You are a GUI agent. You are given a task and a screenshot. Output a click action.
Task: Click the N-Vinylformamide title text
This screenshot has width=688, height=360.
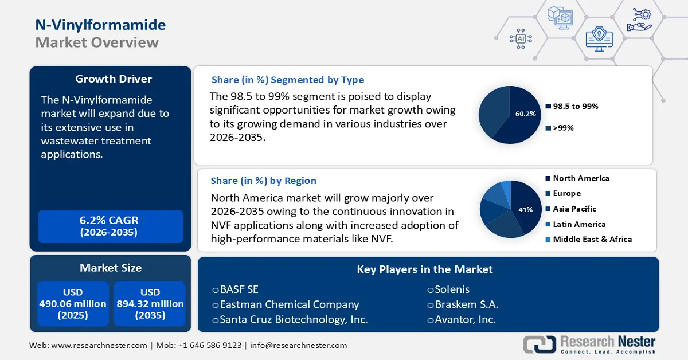coord(100,25)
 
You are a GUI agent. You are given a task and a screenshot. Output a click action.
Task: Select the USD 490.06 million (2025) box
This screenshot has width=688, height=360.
coord(73,304)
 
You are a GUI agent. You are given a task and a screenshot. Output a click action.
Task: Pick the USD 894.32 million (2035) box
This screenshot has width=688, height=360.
coord(150,304)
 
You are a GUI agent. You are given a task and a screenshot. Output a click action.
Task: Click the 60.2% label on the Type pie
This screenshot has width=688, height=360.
coord(525,114)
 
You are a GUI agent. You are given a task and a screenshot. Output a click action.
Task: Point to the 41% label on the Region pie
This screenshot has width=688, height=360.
coord(526,210)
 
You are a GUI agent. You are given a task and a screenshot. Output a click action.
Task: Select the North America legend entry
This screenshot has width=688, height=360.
coord(580,178)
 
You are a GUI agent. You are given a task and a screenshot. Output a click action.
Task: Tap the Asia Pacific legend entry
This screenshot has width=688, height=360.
coord(574,209)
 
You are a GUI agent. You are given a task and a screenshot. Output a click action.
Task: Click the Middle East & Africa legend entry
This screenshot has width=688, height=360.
coord(592,239)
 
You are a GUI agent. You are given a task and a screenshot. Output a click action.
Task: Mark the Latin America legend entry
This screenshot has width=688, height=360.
coord(578,224)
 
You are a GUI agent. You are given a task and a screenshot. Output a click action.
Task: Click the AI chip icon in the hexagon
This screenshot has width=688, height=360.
coord(521,38)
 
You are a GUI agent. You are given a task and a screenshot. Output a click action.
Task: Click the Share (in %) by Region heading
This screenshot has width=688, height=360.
coord(263,181)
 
